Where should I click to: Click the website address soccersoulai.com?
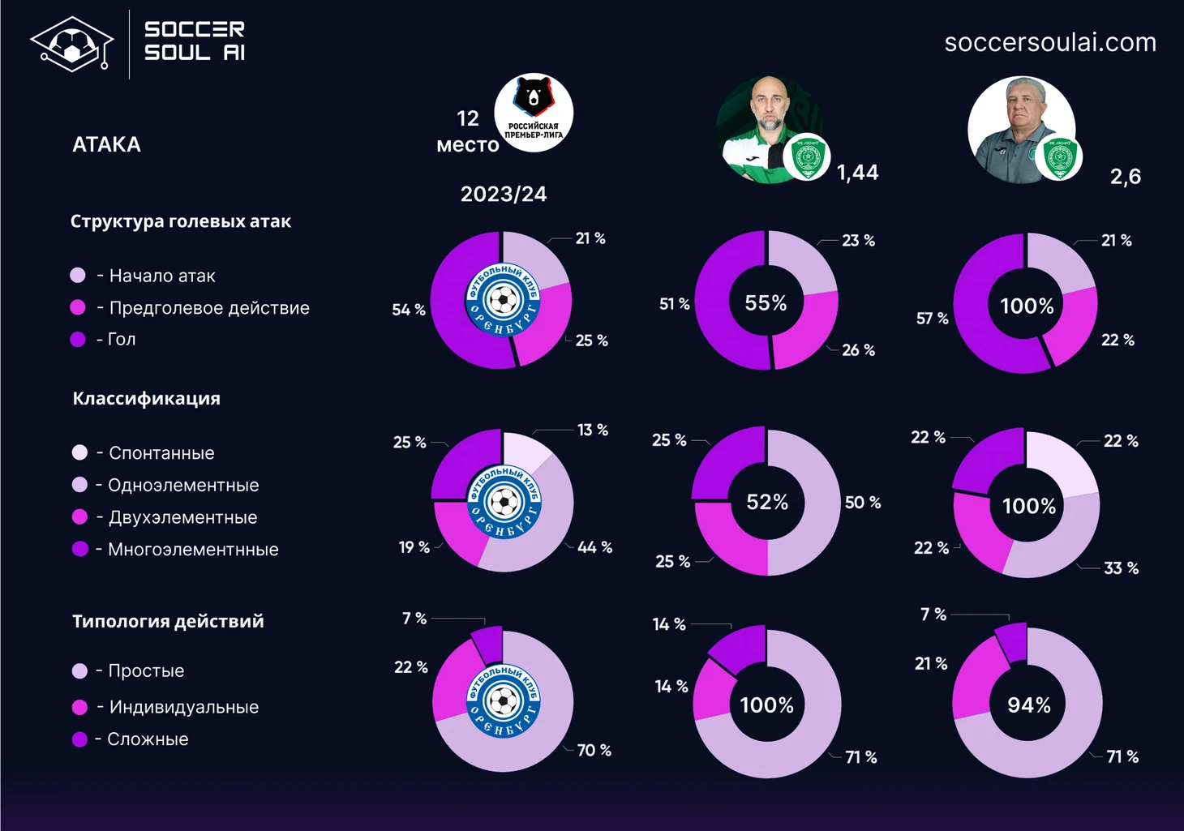[1050, 42]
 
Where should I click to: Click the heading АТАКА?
[106, 144]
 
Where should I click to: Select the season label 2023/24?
[503, 194]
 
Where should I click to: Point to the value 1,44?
[857, 172]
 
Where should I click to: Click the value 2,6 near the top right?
[1125, 176]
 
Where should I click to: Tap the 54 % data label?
[409, 310]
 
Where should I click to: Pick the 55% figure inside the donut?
[766, 302]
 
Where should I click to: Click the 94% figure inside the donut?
[1028, 705]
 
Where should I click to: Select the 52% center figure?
[767, 502]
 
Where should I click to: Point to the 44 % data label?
[594, 547]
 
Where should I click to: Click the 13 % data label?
[592, 430]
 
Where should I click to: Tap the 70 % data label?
[594, 750]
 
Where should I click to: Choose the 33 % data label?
[1121, 568]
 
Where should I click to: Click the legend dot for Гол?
[78, 339]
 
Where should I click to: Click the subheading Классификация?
[146, 398]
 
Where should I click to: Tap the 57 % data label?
[932, 319]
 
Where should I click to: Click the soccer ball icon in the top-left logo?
[71, 45]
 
